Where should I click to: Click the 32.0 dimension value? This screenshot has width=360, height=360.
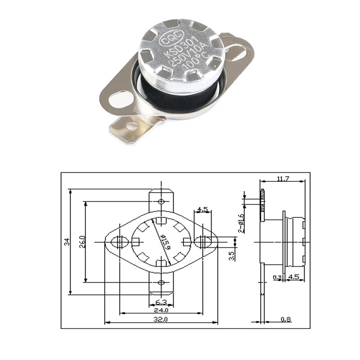(161, 319)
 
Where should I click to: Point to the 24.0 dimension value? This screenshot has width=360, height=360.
(161, 310)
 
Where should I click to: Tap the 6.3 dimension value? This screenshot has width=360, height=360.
(161, 301)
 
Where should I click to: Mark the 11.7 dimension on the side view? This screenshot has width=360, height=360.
(283, 179)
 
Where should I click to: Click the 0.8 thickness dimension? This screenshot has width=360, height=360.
(286, 319)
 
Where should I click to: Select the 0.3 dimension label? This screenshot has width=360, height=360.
(278, 277)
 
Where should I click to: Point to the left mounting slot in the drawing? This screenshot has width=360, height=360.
(119, 242)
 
